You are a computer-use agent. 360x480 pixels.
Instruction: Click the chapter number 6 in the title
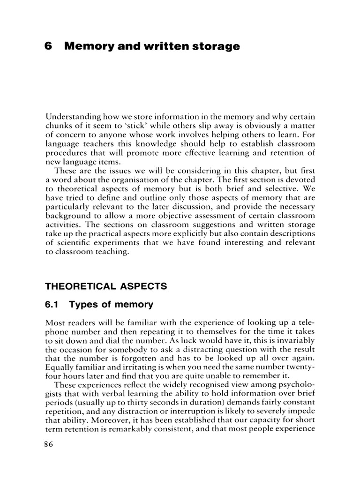(x=48, y=47)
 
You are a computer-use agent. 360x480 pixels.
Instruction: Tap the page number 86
(x=50, y=445)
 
